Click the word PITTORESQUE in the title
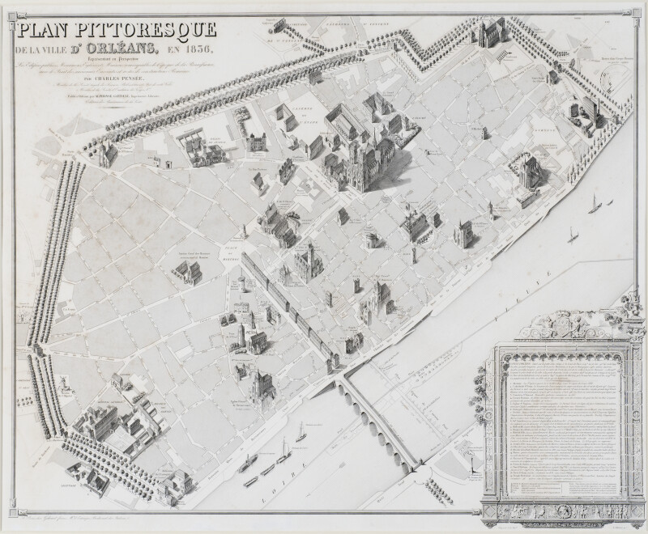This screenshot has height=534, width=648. pos(158,31)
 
